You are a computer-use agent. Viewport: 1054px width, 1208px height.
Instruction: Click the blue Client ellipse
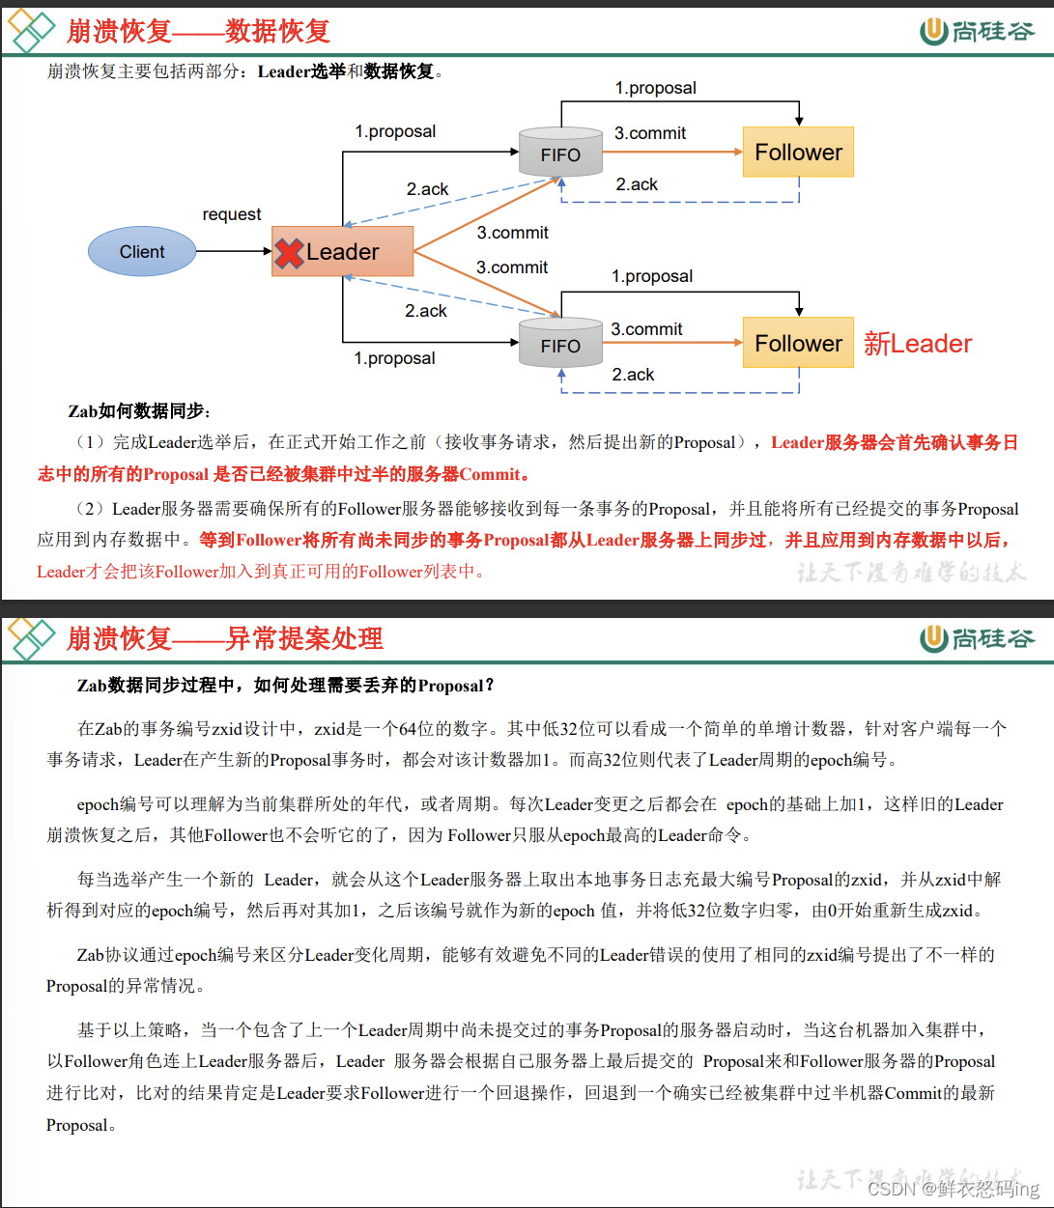click(142, 252)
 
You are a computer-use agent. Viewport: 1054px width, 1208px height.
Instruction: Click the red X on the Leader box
click(289, 253)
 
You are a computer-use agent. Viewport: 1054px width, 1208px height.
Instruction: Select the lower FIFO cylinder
click(560, 343)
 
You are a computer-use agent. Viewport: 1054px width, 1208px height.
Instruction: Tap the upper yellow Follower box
click(798, 153)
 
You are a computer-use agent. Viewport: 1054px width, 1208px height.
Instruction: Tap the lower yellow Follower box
click(798, 343)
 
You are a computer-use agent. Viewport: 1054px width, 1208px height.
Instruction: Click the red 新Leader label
click(917, 344)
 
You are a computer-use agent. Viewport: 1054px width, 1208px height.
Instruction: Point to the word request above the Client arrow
click(232, 214)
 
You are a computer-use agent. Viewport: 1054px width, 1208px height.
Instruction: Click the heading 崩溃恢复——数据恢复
click(198, 32)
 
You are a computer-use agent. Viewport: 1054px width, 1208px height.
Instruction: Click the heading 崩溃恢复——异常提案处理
click(224, 638)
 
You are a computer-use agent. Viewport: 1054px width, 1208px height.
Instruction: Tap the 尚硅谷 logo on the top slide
click(977, 32)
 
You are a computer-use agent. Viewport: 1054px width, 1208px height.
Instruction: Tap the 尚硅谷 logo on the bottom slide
click(977, 638)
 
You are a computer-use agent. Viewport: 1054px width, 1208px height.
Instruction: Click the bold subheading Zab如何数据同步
click(139, 411)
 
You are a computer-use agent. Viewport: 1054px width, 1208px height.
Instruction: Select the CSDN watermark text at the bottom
click(953, 1189)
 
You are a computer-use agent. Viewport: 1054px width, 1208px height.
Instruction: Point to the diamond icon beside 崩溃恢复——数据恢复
click(31, 31)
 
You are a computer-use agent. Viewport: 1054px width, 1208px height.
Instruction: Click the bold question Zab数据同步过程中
click(286, 686)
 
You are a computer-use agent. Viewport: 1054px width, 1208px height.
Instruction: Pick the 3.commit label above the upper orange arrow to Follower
click(650, 133)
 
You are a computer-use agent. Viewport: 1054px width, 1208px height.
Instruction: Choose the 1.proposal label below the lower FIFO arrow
click(394, 358)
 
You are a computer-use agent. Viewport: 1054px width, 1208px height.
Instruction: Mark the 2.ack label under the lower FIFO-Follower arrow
click(633, 375)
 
